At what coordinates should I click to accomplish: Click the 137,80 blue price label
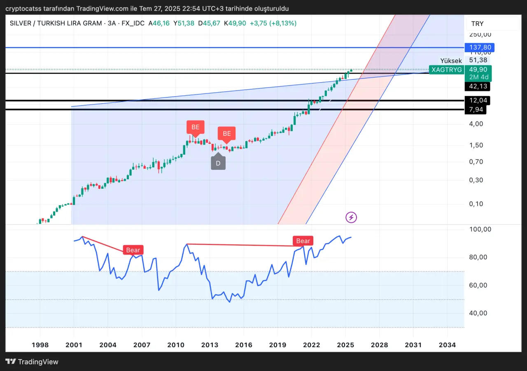[479, 48]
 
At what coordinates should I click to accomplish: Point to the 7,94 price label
[475, 109]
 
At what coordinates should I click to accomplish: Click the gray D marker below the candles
[218, 162]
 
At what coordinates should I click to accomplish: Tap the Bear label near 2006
[133, 250]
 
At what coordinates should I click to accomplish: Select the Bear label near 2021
[303, 241]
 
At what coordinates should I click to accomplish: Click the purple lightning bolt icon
[351, 217]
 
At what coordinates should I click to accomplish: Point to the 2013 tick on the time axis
[210, 345]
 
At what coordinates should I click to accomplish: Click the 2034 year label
[447, 345]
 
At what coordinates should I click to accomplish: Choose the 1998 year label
[40, 345]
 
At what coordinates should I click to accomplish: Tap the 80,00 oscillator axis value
[478, 257]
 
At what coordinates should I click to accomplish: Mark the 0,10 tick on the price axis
[475, 204]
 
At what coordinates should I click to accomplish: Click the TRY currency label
[478, 24]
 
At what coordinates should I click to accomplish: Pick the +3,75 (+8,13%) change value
[273, 23]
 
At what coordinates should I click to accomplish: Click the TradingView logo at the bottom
[32, 362]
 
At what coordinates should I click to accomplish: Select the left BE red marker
[196, 127]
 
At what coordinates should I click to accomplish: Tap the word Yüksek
[451, 61]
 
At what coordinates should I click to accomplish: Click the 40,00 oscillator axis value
[478, 313]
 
